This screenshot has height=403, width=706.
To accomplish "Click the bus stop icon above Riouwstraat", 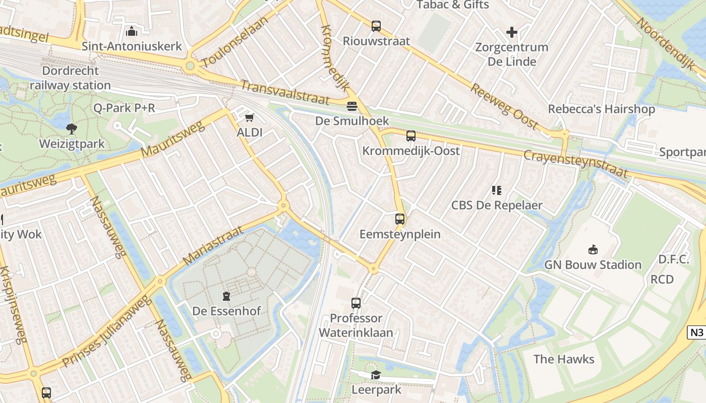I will click(376, 26).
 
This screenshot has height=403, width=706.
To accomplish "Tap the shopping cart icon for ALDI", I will click(249, 118).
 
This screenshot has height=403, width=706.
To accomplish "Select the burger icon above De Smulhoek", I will click(352, 106).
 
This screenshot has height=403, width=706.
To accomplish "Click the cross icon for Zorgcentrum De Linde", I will click(512, 33).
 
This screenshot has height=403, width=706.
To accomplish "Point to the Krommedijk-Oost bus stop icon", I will click(411, 136).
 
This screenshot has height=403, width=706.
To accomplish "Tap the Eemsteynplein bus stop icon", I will click(400, 219).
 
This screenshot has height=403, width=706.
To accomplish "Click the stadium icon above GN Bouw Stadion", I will click(593, 249).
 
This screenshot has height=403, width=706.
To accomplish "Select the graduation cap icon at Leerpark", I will click(376, 375).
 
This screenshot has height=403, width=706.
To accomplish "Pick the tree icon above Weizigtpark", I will click(72, 128).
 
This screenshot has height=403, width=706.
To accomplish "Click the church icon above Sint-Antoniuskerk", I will click(132, 31).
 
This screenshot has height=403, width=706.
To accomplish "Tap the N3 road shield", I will click(696, 332).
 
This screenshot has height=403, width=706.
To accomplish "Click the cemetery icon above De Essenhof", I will click(226, 296).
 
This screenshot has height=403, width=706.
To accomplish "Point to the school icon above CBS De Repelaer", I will click(497, 190).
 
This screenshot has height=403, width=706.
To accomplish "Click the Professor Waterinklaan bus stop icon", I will click(356, 303).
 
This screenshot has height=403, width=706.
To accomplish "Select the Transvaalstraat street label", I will click(284, 92).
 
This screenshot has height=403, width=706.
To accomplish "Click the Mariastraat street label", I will click(212, 245).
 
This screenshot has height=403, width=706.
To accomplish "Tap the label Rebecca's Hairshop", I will click(601, 109).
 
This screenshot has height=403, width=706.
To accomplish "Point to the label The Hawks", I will click(564, 359).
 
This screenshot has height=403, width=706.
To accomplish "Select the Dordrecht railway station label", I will click(70, 78).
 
